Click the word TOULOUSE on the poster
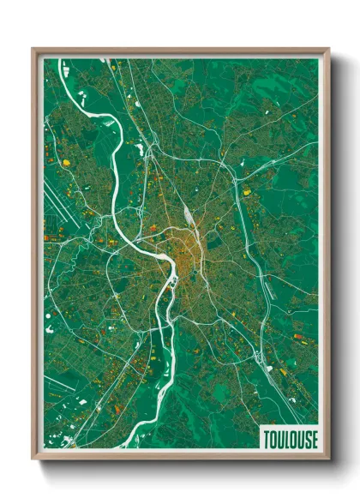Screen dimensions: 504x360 point(290,439)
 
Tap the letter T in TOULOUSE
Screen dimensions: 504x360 point(266,439)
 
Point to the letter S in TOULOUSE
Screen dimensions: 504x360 point(307,439)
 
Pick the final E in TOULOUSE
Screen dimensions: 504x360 point(314,439)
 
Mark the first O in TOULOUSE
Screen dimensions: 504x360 point(273,439)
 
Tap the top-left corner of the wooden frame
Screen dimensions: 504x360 point(34,50)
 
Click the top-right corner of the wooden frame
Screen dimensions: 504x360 point(328,50)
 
